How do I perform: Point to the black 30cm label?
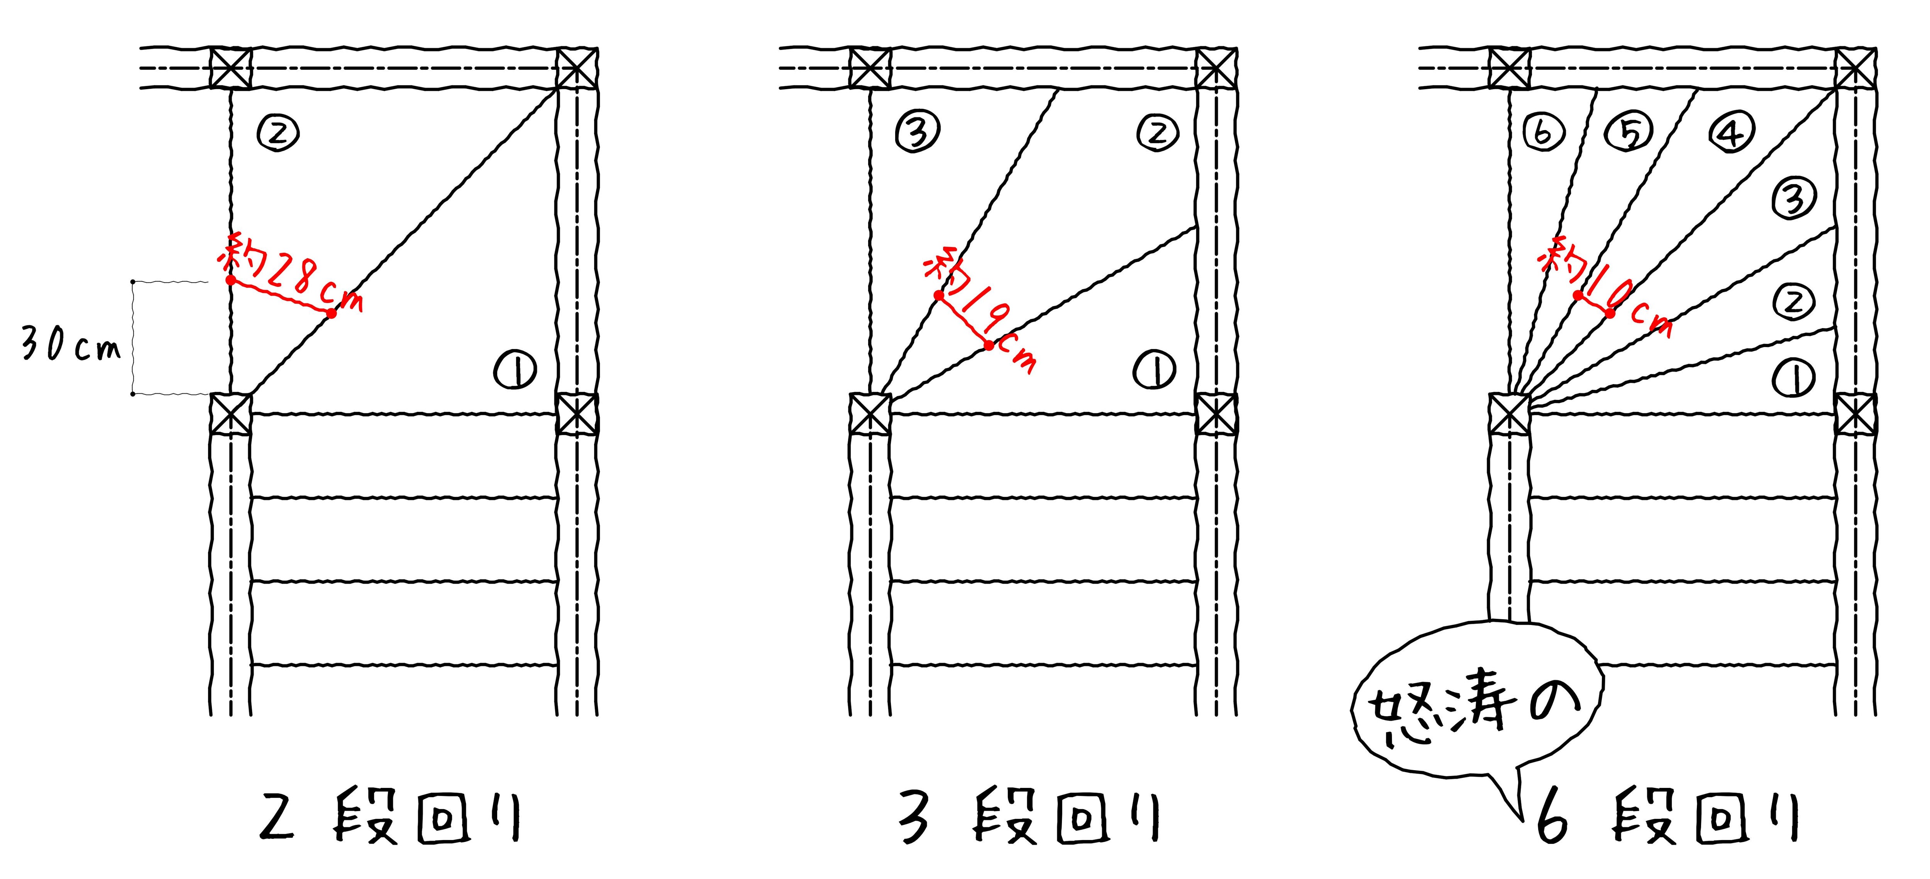click(70, 346)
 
